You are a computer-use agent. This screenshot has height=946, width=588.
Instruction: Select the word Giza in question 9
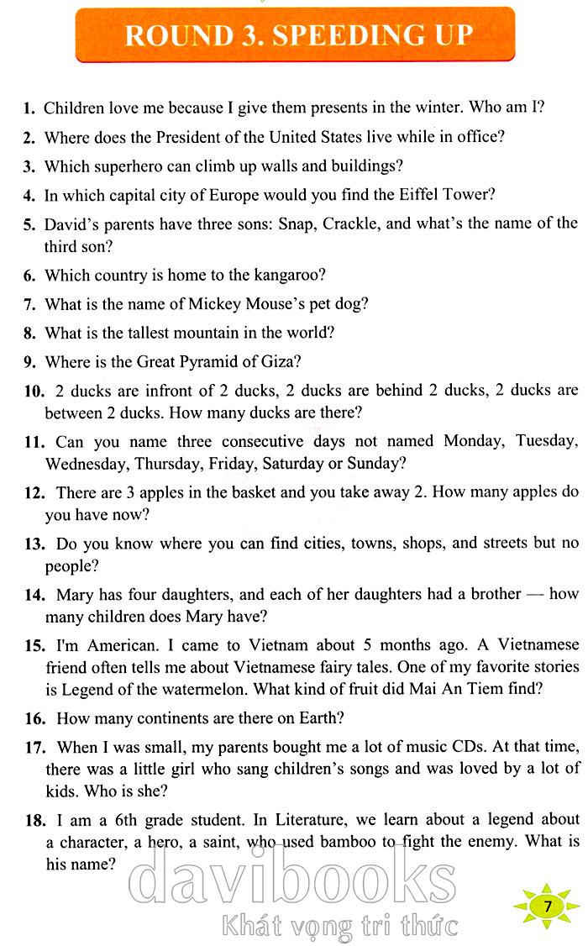[x=283, y=361]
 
